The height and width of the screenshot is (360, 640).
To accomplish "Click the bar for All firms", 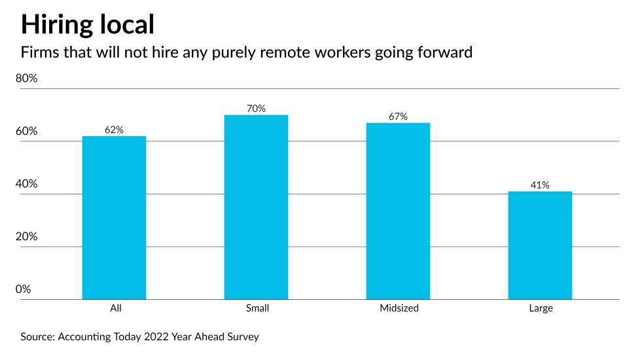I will coord(114,217).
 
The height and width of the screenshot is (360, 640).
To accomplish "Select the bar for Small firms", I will coord(256,207).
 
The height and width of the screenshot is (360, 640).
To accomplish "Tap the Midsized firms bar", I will coord(398,211).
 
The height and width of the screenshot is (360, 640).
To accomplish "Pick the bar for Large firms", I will coord(540,245).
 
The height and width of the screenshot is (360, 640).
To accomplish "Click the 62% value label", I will coord(114,130).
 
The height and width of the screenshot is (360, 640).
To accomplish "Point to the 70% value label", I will coord(256,109).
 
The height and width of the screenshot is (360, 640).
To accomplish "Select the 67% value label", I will coord(398,117).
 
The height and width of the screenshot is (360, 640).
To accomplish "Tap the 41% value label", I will coord(540,185).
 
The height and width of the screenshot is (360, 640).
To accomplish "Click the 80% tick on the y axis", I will coord(27,79).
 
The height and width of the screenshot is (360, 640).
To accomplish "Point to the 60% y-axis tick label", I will coord(27,131).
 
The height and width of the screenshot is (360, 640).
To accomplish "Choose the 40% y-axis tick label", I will coord(27,184).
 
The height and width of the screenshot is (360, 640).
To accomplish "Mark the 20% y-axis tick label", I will coord(27,237).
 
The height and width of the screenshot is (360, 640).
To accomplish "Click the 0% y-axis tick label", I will coord(24,289).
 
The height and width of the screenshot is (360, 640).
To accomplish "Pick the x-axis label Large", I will coord(541,308).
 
